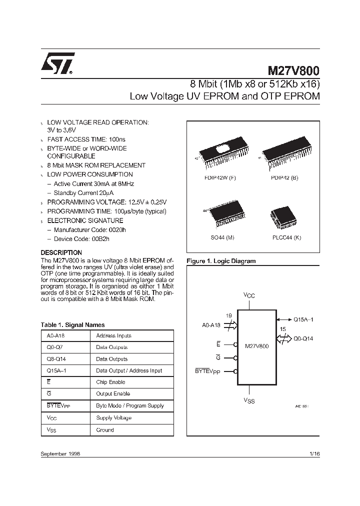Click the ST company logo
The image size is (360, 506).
[x=57, y=64]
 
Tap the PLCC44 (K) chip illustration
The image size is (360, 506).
[x=282, y=216]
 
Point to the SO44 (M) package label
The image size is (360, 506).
[x=222, y=237]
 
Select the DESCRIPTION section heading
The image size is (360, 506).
[x=61, y=252]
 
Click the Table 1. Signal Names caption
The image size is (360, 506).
[x=72, y=324]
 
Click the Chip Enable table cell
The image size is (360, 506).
[x=110, y=382]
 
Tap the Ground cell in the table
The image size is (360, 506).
[x=105, y=430]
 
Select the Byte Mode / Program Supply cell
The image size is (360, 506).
[x=130, y=406]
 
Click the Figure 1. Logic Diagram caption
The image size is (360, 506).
[x=220, y=261]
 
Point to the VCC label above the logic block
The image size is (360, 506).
[x=249, y=295]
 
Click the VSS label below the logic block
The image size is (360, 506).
[x=249, y=400]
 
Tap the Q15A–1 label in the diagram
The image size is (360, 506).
[x=303, y=319]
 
